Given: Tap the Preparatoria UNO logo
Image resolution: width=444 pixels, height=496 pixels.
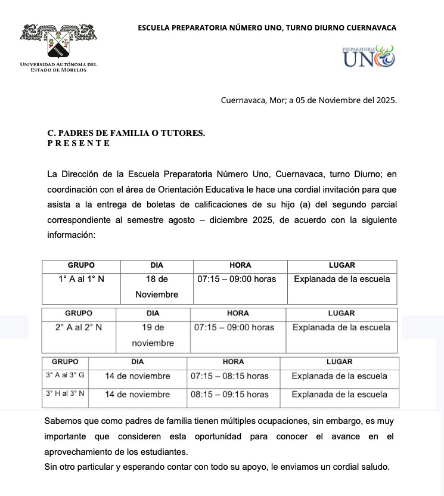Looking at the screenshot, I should point(368,56).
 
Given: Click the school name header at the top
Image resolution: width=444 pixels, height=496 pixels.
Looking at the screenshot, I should point(267,27).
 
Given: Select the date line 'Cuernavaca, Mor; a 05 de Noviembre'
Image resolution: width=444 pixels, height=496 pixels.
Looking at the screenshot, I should point(309,100).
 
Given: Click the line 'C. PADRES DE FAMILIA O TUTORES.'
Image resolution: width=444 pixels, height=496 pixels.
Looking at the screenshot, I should point(126,134).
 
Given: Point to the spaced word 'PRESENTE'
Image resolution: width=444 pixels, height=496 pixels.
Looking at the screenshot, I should point(79,143).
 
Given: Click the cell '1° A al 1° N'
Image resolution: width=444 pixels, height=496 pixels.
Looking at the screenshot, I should point(81,279).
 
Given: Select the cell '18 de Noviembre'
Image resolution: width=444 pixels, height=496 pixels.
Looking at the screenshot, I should point(157,286).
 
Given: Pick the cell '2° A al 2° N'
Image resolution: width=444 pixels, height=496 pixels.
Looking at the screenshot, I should point(79,327).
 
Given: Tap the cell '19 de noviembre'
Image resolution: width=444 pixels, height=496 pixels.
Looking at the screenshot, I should point(153,335).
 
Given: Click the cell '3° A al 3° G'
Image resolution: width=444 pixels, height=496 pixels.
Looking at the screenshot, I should point(65,376).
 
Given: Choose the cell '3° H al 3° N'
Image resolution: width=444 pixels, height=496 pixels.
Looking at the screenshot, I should point(65,394).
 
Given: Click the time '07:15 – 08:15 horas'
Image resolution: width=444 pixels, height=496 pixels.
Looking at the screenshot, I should point(229,376).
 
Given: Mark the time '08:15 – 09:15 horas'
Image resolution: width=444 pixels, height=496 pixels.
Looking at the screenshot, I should point(229,394).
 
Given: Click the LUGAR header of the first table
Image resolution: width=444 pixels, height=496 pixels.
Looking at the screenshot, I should point(341,265).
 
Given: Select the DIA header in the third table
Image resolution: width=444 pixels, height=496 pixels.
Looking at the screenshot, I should point(138,361).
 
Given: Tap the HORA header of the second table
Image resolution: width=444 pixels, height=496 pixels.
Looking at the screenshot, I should point(238,313).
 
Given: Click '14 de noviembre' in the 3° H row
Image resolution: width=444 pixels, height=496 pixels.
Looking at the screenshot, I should point(138,394).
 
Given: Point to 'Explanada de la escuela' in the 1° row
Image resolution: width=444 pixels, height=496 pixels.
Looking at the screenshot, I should point(341,279).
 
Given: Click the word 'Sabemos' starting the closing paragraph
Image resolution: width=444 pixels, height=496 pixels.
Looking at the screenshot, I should point(62,421).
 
